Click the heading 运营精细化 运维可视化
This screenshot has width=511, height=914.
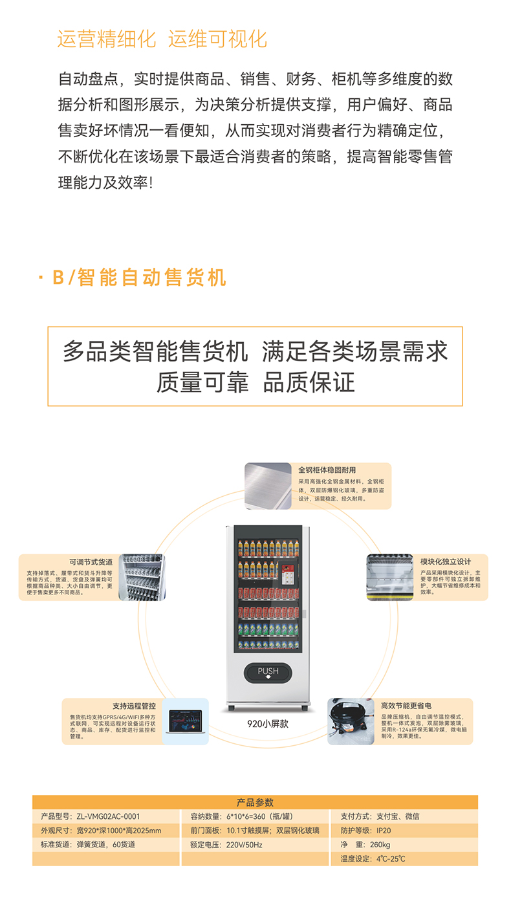(162, 39)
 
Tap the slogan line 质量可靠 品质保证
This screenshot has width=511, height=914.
(255, 382)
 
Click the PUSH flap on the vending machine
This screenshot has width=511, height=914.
(268, 673)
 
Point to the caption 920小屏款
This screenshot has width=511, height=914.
(268, 724)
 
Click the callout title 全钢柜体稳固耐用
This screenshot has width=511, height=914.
(327, 470)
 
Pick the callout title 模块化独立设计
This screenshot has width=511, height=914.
(446, 561)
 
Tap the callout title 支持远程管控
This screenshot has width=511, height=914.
(134, 706)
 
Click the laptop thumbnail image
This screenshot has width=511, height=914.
(185, 721)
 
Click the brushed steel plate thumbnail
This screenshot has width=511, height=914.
(268, 486)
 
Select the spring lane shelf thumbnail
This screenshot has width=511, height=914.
(142, 577)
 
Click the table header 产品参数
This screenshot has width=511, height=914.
(255, 802)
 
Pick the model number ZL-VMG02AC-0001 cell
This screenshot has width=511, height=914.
(91, 816)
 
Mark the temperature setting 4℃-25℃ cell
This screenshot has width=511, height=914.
(373, 859)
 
